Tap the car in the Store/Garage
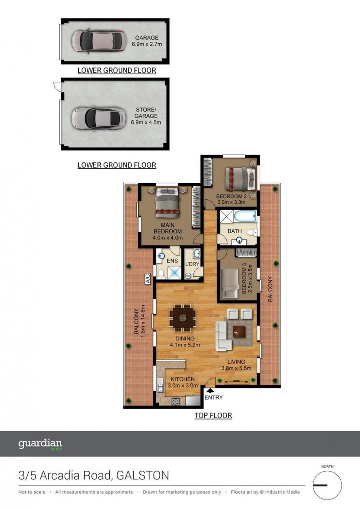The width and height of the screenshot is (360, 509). pos(99,118)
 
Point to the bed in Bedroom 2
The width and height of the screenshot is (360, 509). pos(240,179)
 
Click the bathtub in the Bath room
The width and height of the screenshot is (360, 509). pos(245,216)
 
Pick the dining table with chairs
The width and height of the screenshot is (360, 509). pos(182,318)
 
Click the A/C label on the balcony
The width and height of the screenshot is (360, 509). pos(148,279)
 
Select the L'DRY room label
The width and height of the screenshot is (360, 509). pos(192,264)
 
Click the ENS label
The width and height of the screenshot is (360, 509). pos(172,261)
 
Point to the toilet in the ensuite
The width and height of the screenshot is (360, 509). pos(160,274)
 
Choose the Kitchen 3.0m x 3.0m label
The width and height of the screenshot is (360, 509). pos(183,383)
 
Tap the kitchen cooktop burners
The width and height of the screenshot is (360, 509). pos(175,401)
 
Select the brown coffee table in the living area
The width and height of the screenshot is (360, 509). pos(239,331)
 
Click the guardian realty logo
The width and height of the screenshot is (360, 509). pos(40,444)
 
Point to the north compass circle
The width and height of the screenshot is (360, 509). pos(327,485)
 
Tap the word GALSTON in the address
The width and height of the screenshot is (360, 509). pos(143,476)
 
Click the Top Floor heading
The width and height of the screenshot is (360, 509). pos(213,415)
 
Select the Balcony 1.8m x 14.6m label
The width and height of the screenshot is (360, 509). pos(139,321)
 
